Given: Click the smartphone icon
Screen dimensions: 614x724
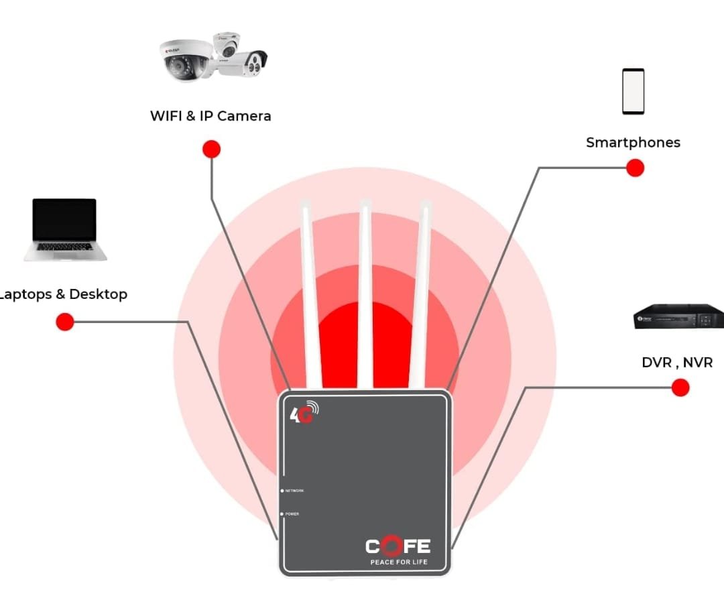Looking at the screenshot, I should (x=633, y=91).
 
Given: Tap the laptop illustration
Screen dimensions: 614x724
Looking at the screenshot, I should (x=65, y=229).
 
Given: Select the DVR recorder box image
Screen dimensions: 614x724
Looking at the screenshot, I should (x=678, y=316).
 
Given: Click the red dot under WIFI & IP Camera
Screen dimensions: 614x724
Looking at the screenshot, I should (x=211, y=149).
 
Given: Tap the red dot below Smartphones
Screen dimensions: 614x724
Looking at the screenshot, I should (x=635, y=168).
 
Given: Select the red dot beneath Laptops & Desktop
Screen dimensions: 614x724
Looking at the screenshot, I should (x=64, y=322).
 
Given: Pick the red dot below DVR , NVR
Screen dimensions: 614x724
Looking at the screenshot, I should (x=680, y=387).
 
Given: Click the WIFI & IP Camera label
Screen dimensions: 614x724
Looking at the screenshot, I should (x=210, y=116).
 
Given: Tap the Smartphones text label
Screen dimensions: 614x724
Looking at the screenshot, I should (x=633, y=142).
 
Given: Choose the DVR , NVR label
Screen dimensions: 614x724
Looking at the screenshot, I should (x=677, y=363).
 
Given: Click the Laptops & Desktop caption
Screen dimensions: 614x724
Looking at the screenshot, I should (x=64, y=294).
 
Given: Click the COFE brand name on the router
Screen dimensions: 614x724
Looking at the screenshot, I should (x=398, y=546).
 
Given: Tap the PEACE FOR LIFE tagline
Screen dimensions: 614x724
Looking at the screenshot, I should (x=398, y=562).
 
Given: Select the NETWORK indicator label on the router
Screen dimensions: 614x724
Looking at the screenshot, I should (x=294, y=491).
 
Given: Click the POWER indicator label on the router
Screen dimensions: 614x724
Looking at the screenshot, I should (x=292, y=514).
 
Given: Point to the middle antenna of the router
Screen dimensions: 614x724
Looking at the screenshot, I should (x=365, y=295).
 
